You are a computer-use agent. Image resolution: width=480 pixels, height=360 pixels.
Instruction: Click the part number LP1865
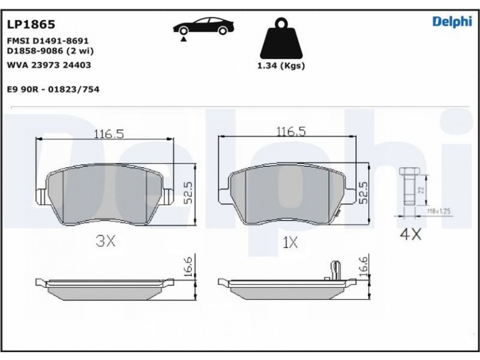(x=31, y=24)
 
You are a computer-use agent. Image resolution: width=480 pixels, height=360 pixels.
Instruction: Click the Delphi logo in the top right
(x=452, y=22)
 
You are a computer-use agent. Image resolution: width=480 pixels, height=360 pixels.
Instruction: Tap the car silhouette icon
(x=203, y=26)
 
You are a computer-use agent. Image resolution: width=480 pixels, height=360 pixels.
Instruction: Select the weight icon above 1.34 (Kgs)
(x=281, y=38)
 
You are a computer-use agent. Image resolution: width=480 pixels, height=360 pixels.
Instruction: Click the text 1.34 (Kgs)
(x=281, y=65)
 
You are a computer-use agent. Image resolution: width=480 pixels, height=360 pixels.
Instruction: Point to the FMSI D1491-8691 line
(x=48, y=41)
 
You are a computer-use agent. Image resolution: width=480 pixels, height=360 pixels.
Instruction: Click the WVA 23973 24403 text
(x=49, y=65)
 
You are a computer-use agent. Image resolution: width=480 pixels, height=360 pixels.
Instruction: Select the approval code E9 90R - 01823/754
(x=53, y=89)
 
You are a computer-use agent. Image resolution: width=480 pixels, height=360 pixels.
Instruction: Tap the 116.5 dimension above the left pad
(x=109, y=134)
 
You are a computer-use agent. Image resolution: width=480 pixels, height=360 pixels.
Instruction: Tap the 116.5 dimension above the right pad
(x=291, y=131)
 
